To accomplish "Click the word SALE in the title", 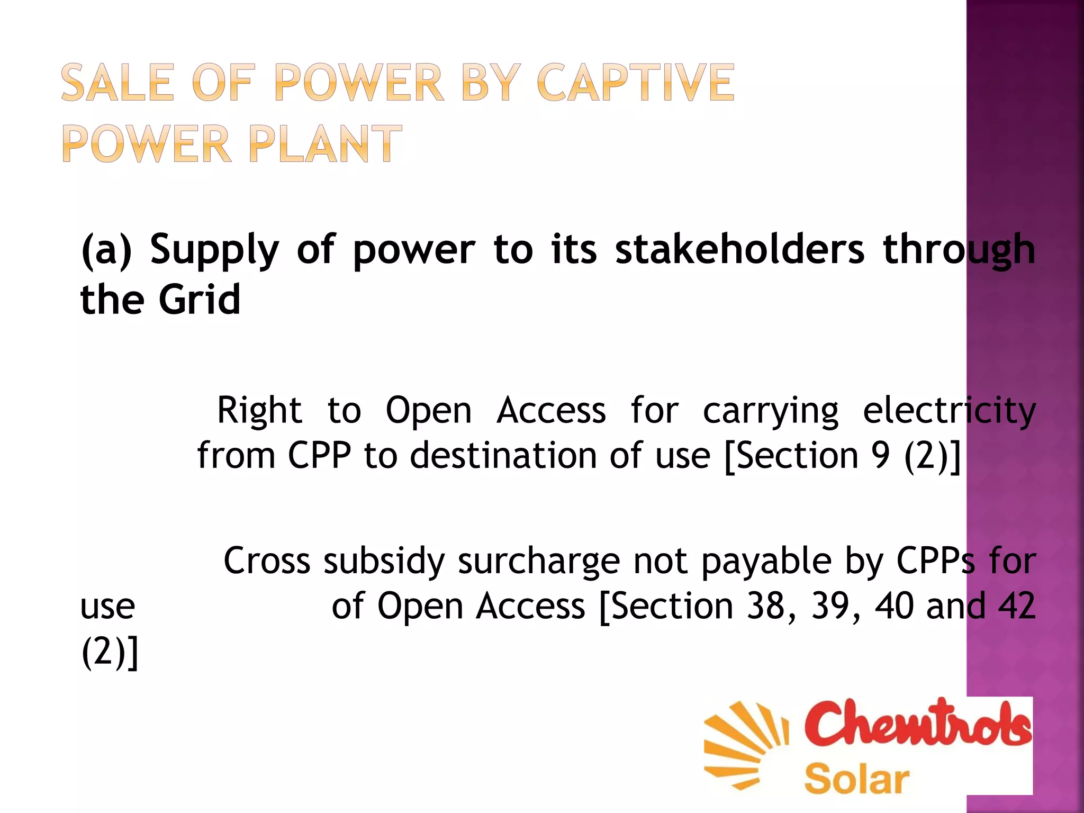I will (117, 83).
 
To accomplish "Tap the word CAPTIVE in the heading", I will (636, 83).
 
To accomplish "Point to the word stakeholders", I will (739, 249).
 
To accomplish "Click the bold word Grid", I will (200, 300).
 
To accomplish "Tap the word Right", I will (259, 411).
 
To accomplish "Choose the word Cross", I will (267, 561).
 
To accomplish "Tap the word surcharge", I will (539, 562).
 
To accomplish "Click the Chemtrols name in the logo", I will (918, 722).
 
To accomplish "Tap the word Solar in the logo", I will (856, 779).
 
